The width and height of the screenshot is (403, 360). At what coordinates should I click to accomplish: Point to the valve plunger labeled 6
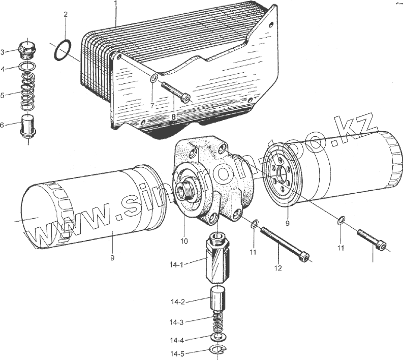28,126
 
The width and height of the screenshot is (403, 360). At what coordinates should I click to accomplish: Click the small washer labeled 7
154,78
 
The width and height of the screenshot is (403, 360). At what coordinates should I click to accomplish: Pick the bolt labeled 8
176,92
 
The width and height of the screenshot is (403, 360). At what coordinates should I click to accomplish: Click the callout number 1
116,4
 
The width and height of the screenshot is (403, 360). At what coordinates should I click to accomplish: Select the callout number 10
184,241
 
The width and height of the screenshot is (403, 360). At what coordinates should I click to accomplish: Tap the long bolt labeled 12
285,244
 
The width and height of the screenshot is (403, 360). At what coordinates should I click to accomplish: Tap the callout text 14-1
176,264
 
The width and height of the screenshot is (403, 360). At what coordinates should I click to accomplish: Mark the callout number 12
278,268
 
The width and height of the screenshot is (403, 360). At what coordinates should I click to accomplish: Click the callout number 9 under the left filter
112,258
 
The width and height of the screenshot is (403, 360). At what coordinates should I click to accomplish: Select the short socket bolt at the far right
371,239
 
